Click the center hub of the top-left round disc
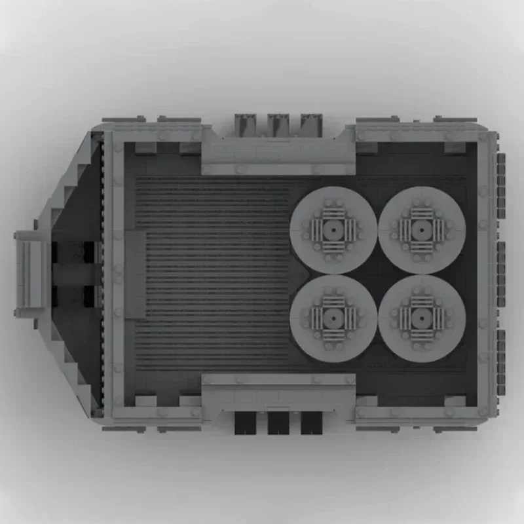[x=333, y=230]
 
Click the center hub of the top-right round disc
[x=422, y=230]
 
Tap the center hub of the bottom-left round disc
[x=333, y=318]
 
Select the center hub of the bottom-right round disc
[x=422, y=318]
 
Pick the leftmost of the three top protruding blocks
[x=246, y=124]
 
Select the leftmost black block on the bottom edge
[x=245, y=423]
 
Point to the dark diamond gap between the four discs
[x=377, y=274]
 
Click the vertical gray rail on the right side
[x=483, y=275]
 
